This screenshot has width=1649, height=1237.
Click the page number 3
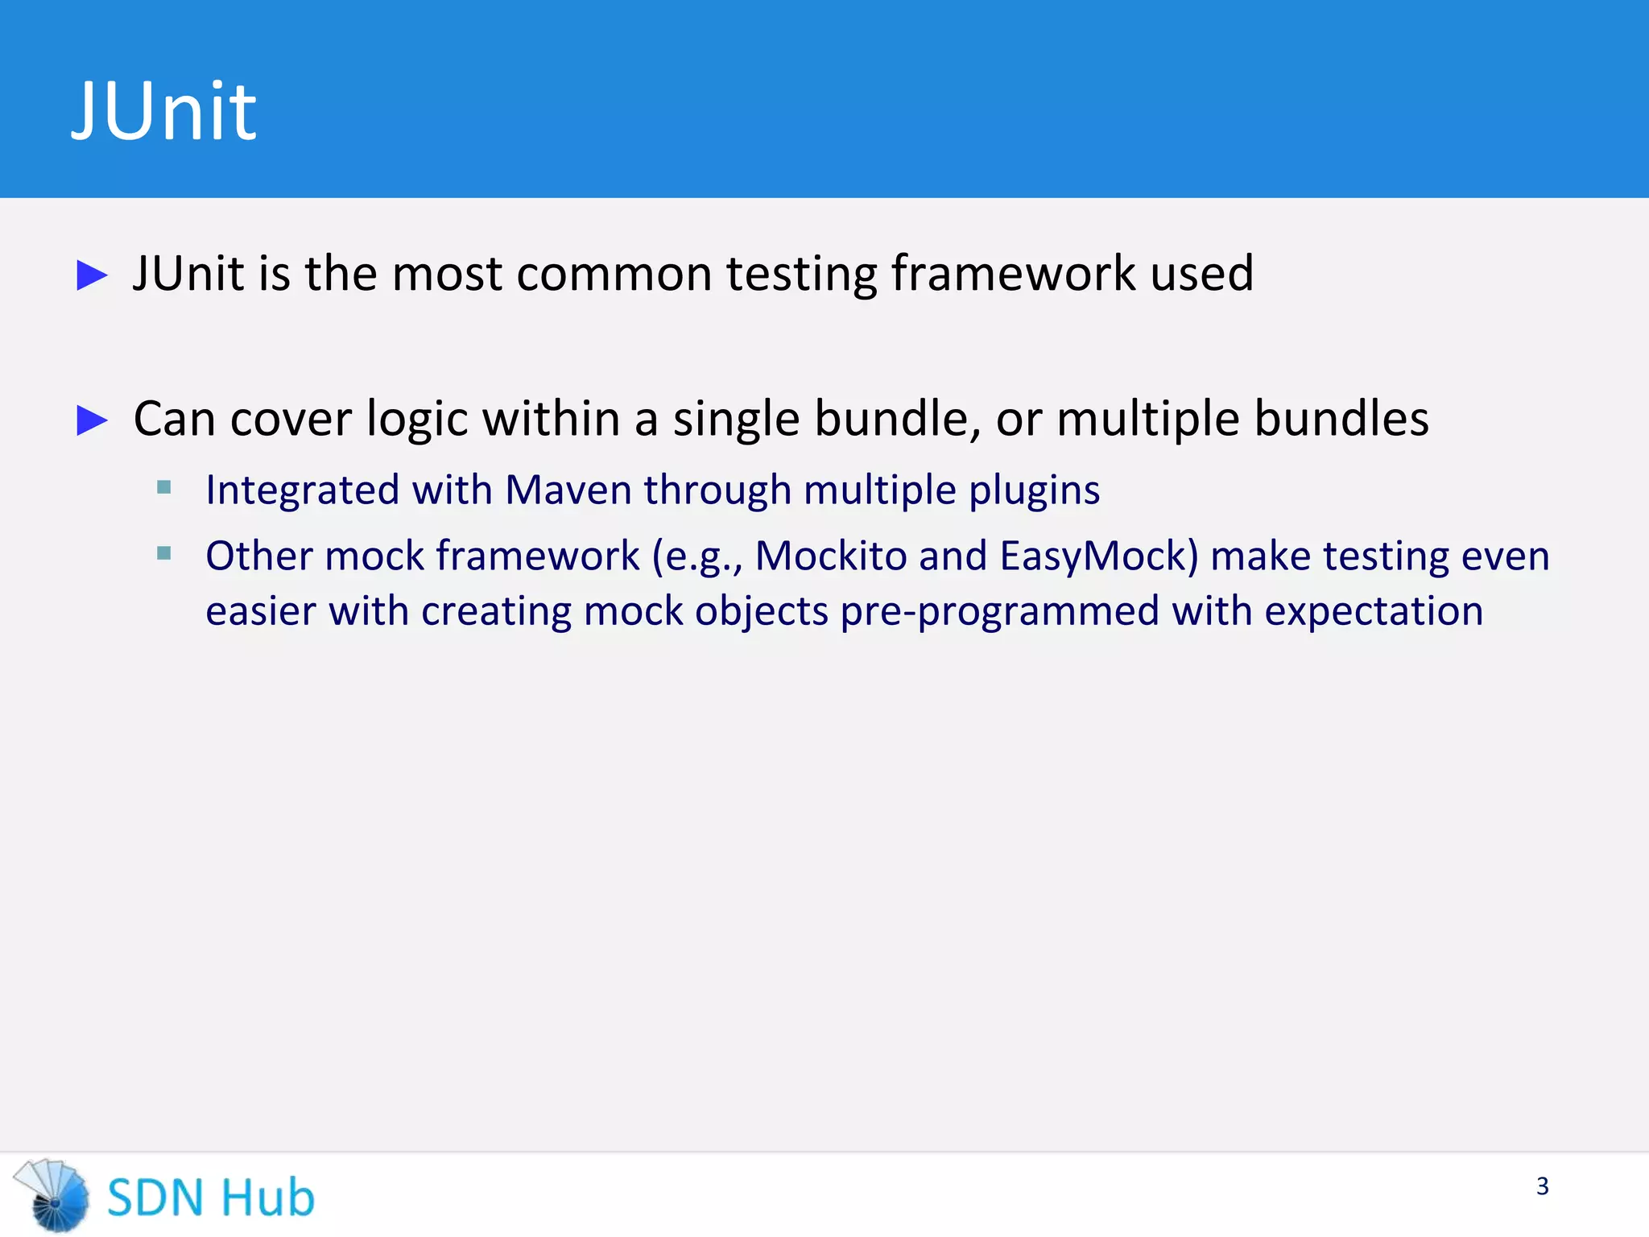pos(1542,1186)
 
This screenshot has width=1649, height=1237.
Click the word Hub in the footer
pos(267,1198)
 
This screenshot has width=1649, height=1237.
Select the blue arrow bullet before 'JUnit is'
pos(92,275)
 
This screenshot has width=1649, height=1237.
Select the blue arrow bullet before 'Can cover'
pos(92,420)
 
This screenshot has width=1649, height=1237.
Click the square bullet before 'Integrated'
pos(164,487)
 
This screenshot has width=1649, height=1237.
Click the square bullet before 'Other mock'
pos(164,553)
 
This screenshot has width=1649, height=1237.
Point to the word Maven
pos(568,490)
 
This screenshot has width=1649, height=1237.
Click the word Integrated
pos(302,491)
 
